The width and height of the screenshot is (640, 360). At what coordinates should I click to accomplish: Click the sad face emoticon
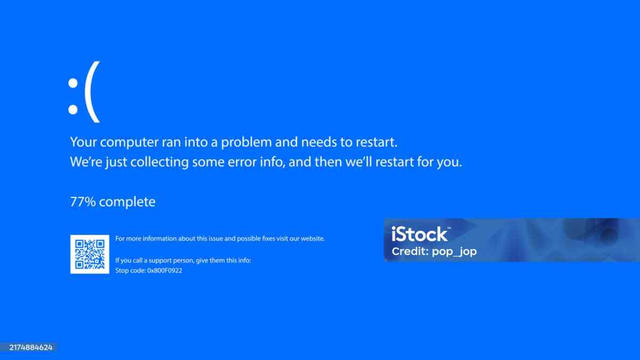click(84, 97)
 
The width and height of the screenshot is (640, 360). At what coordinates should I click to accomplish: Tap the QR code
click(90, 254)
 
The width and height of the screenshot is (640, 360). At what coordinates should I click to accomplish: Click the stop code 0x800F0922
click(165, 270)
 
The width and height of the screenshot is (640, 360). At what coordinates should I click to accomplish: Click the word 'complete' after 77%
click(127, 202)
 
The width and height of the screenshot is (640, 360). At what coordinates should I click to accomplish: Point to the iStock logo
click(420, 234)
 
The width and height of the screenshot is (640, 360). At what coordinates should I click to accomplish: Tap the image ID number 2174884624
click(31, 347)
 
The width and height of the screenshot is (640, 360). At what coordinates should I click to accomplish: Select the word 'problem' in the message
click(247, 142)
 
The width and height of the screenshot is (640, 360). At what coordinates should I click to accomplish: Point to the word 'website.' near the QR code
click(313, 238)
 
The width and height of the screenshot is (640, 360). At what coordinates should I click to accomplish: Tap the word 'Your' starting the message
click(83, 142)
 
